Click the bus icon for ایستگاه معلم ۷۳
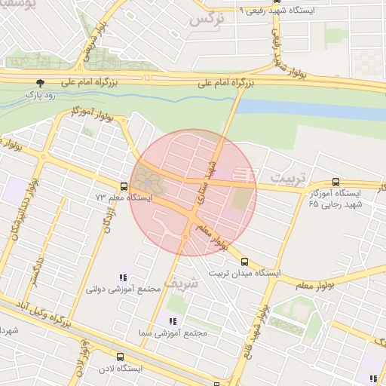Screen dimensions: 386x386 click(x=123, y=186)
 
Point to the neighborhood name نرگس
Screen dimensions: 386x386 click(x=208, y=19)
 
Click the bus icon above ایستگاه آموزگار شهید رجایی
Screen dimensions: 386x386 click(x=335, y=182)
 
